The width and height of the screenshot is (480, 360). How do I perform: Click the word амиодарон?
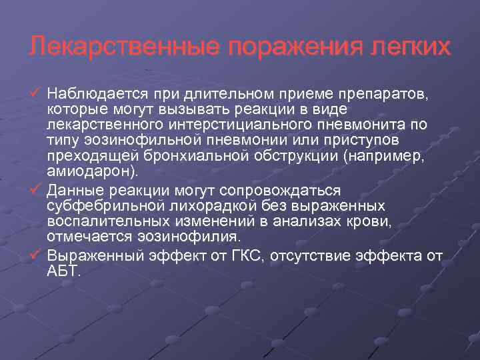click(89, 171)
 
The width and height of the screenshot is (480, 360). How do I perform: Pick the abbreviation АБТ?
click(63, 271)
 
